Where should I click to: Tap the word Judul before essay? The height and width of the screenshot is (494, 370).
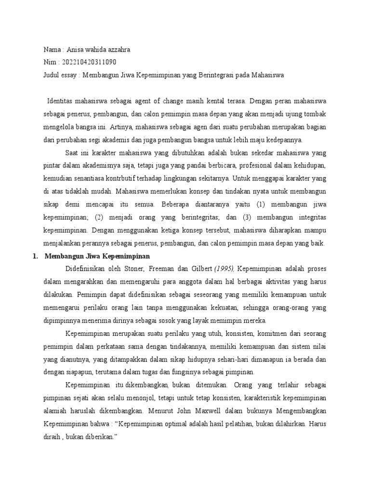click(x=52, y=75)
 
